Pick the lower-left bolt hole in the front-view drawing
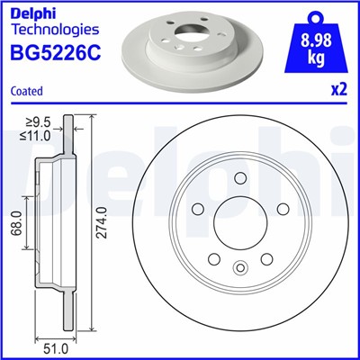pyautogui.click(x=212, y=260)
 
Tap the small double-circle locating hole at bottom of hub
pyautogui.click(x=239, y=266)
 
